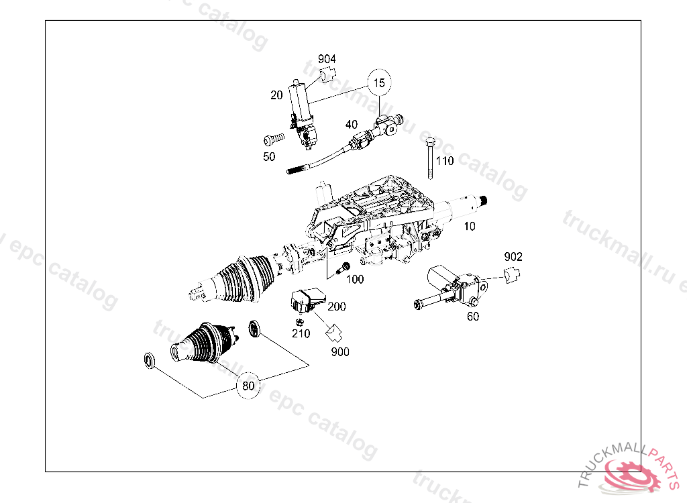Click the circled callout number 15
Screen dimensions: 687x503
pyautogui.click(x=380, y=83)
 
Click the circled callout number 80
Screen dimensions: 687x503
pyautogui.click(x=248, y=386)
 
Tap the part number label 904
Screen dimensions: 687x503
pyautogui.click(x=327, y=60)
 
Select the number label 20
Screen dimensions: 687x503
pyautogui.click(x=276, y=95)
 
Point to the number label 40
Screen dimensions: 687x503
pyautogui.click(x=352, y=124)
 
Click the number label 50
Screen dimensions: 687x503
pyautogui.click(x=269, y=156)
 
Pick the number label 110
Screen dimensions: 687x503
pyautogui.click(x=445, y=161)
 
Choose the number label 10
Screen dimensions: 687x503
pyautogui.click(x=470, y=227)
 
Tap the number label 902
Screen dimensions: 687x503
pyautogui.click(x=513, y=257)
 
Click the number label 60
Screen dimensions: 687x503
pyautogui.click(x=473, y=317)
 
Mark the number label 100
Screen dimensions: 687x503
pyautogui.click(x=355, y=279)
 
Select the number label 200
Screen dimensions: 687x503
pyautogui.click(x=337, y=306)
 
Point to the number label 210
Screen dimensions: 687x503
pyautogui.click(x=301, y=333)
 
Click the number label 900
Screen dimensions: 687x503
pyautogui.click(x=340, y=351)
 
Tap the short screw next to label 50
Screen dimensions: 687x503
pyautogui.click(x=273, y=139)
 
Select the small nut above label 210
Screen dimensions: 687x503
pyautogui.click(x=299, y=321)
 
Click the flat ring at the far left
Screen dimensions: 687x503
pyautogui.click(x=150, y=361)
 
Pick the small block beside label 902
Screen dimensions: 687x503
pyautogui.click(x=513, y=274)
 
